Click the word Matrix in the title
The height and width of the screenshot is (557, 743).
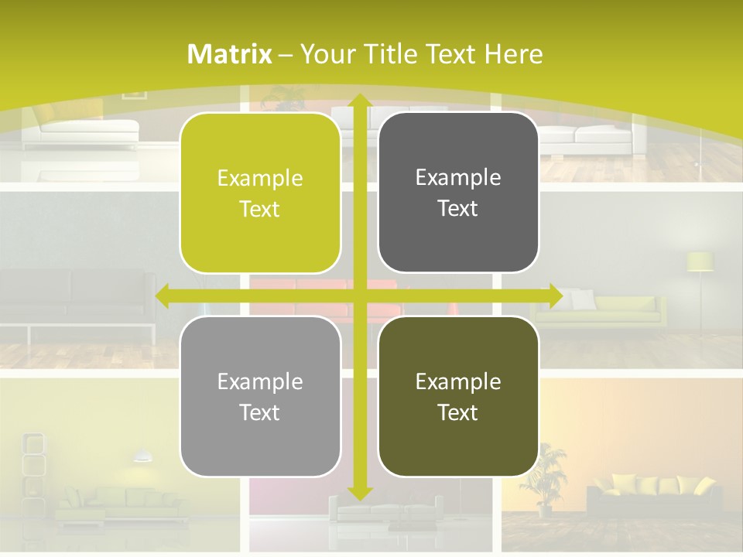230,54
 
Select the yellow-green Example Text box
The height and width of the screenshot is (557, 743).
260,193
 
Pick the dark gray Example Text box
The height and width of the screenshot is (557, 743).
458,192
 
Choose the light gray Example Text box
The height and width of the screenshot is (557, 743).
260,396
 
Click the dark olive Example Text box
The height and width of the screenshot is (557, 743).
458,396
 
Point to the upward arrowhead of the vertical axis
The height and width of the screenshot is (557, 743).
358,101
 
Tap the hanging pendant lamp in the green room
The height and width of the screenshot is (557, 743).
142,456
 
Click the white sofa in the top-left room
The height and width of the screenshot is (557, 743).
80,133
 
